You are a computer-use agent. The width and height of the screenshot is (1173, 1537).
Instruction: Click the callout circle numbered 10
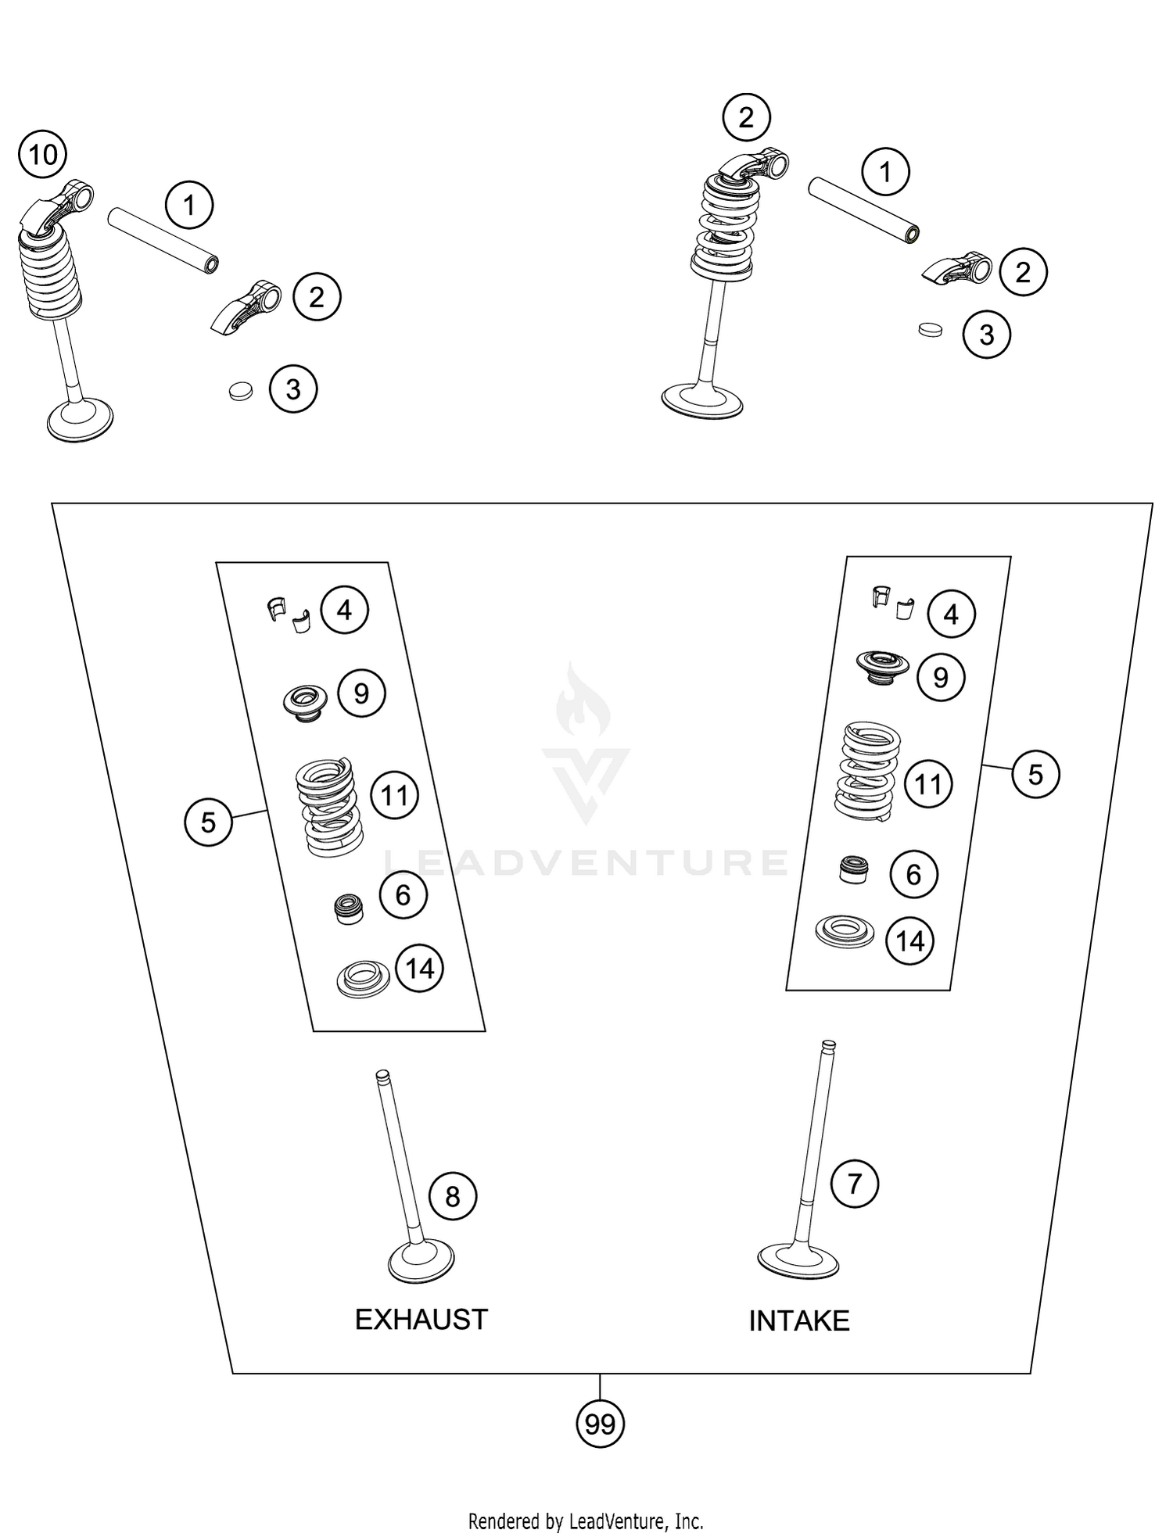(43, 155)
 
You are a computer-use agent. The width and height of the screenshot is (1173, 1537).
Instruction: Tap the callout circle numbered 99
(600, 1424)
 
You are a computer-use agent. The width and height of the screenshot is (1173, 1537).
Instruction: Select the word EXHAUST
(421, 1320)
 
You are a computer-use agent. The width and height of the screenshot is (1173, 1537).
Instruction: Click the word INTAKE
(798, 1321)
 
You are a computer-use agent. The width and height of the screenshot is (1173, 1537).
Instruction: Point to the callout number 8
(453, 1196)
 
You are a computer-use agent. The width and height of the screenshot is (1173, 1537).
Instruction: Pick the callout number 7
(854, 1183)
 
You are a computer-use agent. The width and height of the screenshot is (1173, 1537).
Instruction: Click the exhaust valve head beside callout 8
(421, 1261)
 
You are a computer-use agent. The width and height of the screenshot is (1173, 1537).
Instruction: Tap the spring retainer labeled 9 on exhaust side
(305, 700)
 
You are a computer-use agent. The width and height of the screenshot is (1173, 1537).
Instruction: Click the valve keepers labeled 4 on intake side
(891, 602)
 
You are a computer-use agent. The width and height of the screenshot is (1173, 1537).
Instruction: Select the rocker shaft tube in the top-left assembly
(163, 239)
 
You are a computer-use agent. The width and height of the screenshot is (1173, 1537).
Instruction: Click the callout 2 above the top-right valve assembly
(746, 118)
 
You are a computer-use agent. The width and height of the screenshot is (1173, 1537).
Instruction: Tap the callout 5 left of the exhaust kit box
(208, 822)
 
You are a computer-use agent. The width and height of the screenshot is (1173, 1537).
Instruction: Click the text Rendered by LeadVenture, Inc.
(586, 1521)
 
